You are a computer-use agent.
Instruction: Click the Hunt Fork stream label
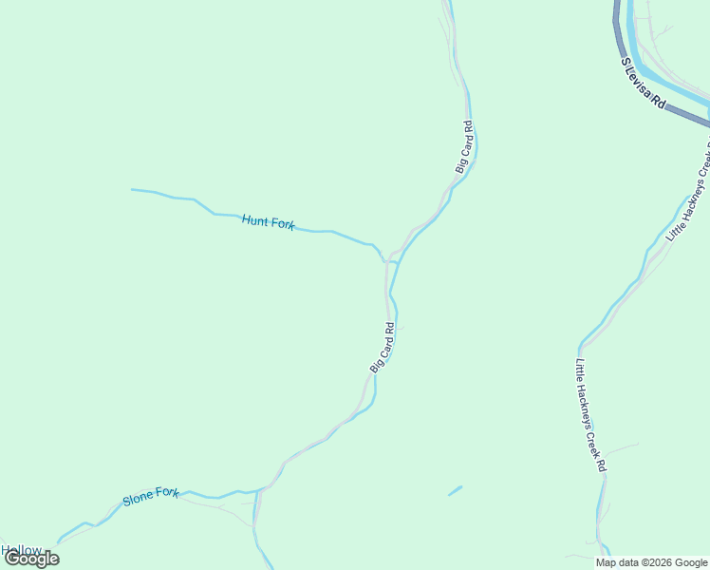pos(268,222)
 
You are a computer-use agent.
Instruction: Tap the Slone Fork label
pos(150,499)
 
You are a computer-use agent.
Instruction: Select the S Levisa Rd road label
pos(644,85)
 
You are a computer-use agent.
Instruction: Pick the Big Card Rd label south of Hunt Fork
pos(382,348)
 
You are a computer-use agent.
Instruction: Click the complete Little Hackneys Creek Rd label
pos(589,415)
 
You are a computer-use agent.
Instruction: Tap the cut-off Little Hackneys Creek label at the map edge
pos(688,190)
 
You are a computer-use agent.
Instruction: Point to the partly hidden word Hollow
pos(21,550)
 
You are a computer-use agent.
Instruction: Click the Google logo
pos(31,559)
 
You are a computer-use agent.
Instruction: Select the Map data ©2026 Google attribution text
pos(651,562)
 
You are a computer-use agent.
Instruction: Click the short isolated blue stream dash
pos(455,491)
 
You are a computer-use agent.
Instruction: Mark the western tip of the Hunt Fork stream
pos(133,190)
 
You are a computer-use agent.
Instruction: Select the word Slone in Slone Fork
pos(138,501)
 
